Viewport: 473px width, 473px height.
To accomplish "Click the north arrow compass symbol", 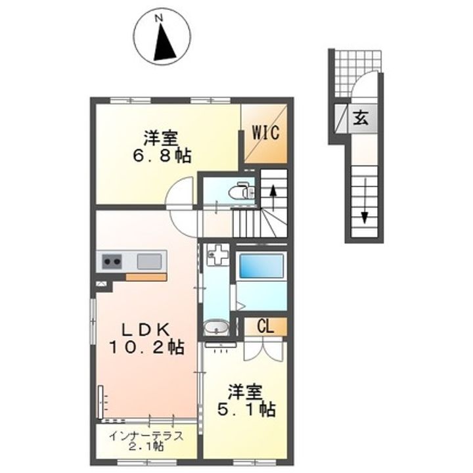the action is [x=162, y=35].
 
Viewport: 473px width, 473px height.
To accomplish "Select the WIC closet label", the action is [x=265, y=133].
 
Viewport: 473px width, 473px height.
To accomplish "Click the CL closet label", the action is [x=265, y=326].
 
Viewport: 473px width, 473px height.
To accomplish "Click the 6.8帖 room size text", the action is [x=162, y=156].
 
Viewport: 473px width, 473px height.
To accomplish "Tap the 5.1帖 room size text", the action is [x=246, y=409].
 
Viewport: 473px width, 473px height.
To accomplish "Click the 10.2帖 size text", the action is [x=146, y=347].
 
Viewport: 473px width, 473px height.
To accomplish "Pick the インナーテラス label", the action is [x=146, y=436].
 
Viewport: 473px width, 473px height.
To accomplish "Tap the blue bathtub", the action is [x=261, y=266].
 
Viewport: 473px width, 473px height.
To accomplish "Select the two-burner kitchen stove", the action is [x=112, y=261].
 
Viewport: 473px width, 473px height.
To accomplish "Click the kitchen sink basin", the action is [x=149, y=261].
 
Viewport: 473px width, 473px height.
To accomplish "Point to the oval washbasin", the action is [x=216, y=327].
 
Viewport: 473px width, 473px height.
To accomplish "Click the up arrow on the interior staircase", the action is [x=273, y=198].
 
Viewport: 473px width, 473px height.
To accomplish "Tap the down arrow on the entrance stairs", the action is [x=365, y=200].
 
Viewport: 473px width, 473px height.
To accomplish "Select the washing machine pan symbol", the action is [x=217, y=255].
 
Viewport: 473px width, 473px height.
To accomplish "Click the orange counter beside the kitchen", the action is [x=146, y=277].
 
